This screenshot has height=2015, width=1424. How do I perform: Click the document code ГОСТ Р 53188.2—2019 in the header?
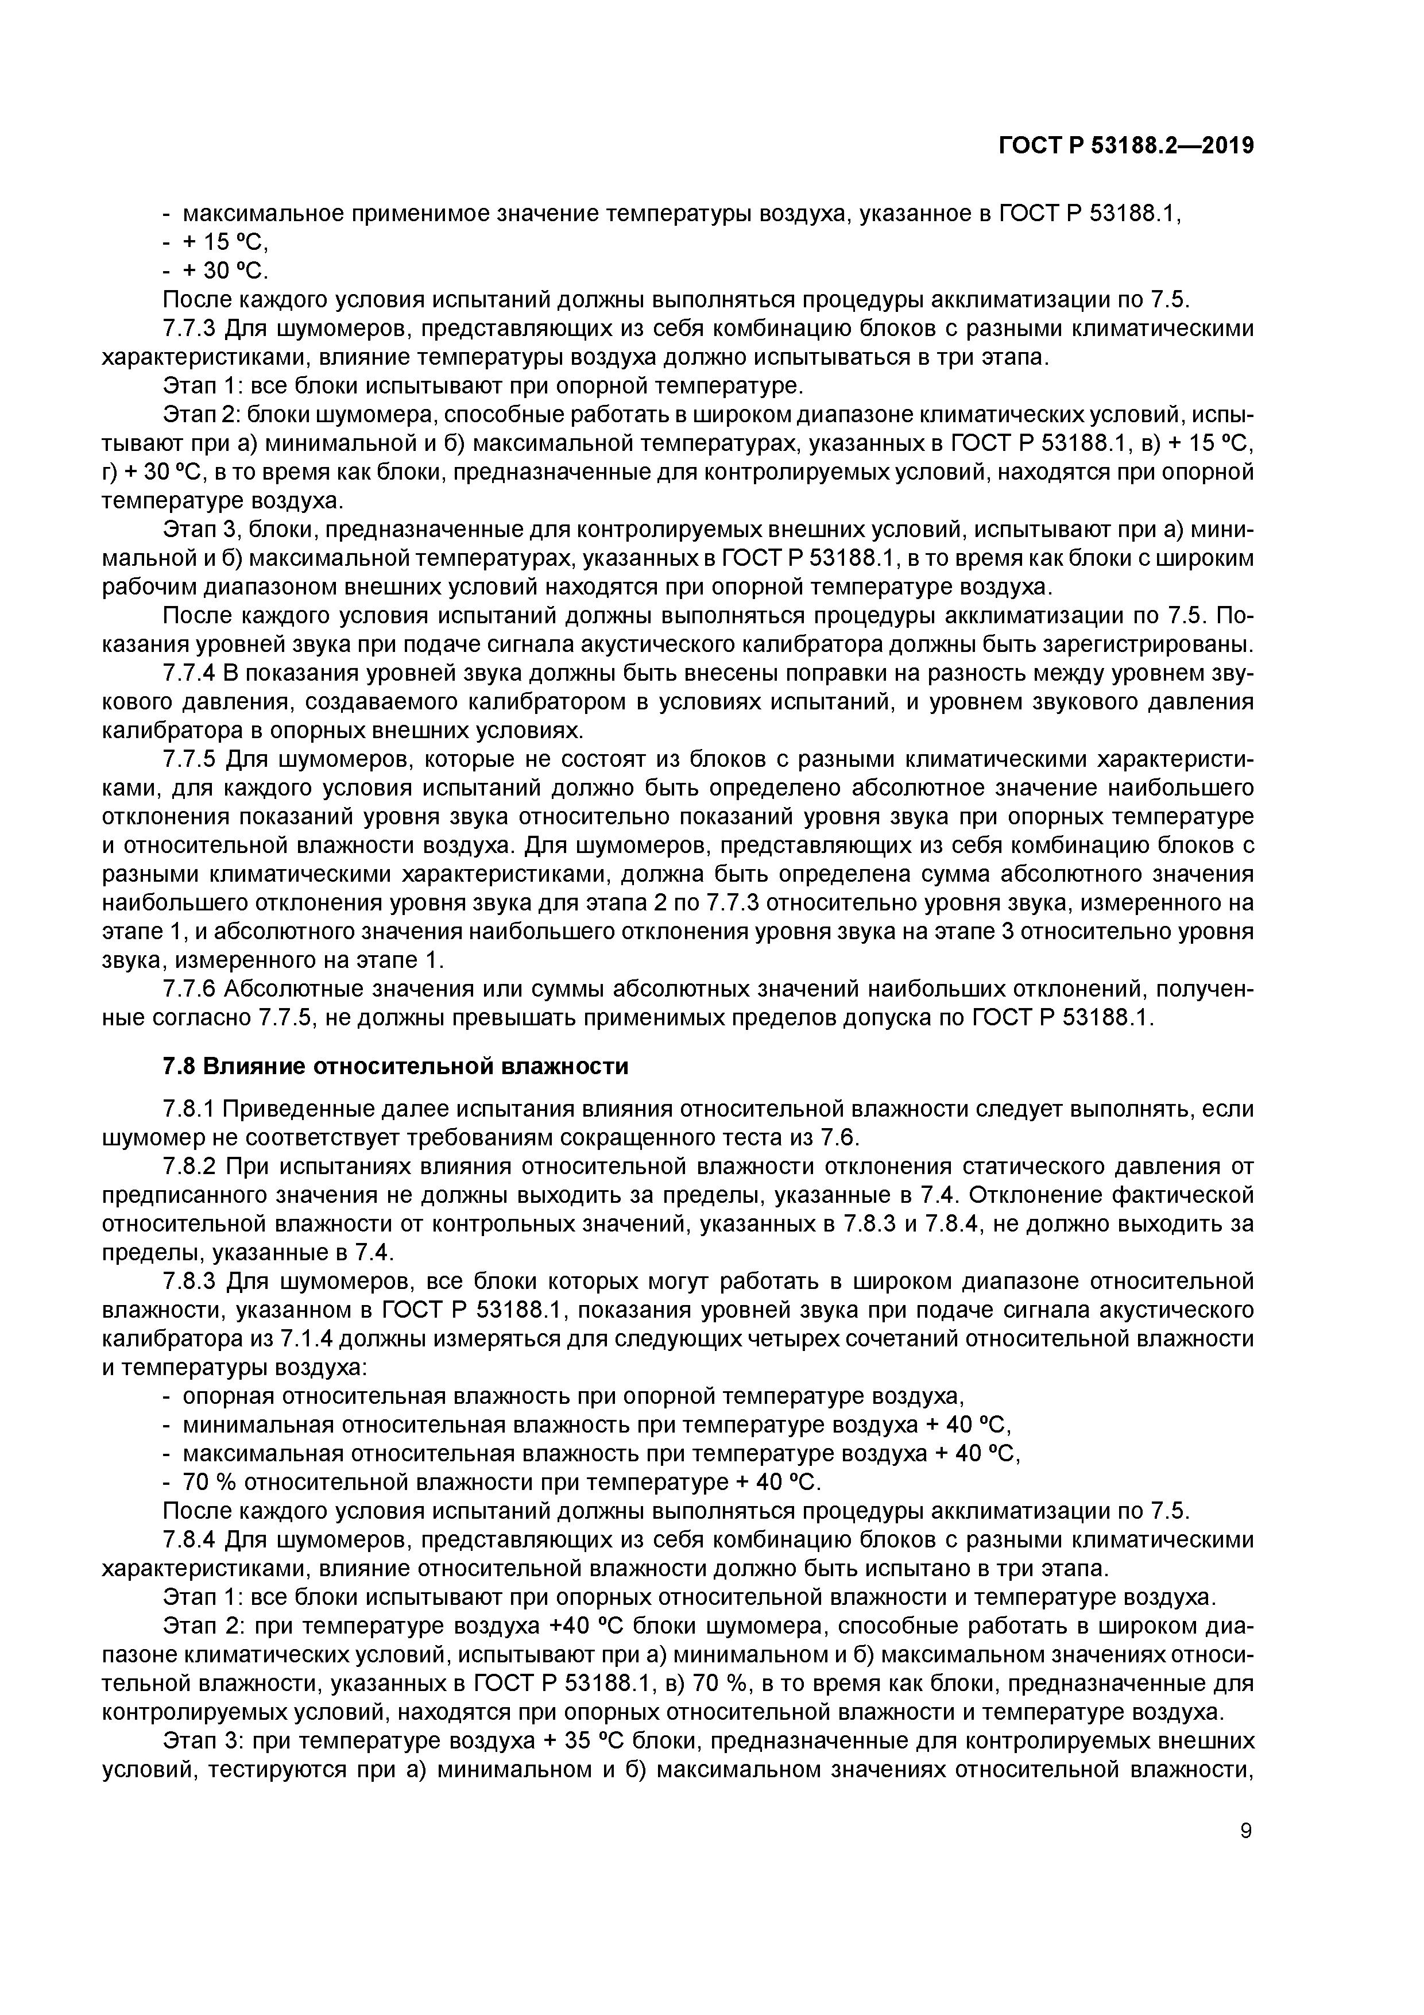(x=1125, y=146)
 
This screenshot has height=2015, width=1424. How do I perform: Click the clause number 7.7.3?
(x=189, y=329)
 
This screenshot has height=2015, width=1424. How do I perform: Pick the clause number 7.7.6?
(x=189, y=989)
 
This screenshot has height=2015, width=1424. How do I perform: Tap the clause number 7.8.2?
(x=189, y=1167)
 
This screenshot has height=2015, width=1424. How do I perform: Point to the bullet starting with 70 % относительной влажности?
(x=500, y=1483)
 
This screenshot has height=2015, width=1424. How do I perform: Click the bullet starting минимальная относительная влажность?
(x=597, y=1425)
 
